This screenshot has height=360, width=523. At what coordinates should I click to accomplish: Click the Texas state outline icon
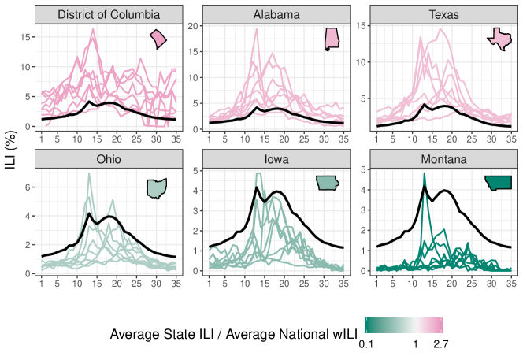(498, 39)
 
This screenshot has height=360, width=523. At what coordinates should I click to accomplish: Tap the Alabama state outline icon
(332, 39)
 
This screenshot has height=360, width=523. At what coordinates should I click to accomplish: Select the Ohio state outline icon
(158, 188)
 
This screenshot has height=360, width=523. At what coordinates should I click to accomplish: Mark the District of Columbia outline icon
(159, 38)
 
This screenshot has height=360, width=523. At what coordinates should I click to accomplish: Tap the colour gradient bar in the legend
(403, 325)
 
